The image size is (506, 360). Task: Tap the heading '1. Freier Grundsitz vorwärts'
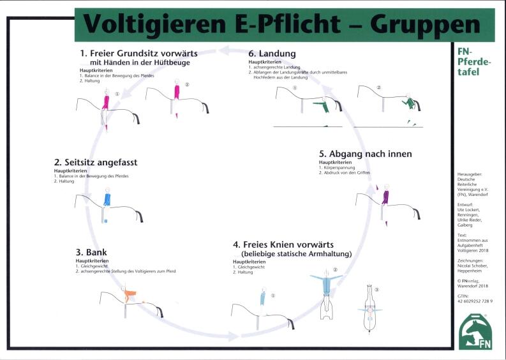[138, 53]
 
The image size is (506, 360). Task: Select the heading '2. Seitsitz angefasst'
[95, 163]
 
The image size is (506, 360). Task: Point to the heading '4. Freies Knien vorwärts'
[283, 244]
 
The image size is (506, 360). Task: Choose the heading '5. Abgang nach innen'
[365, 154]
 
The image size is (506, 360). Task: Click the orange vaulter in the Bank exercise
[131, 296]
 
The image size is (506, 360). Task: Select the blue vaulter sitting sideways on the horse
[107, 199]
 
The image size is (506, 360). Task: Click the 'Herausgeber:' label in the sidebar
[470, 174]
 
